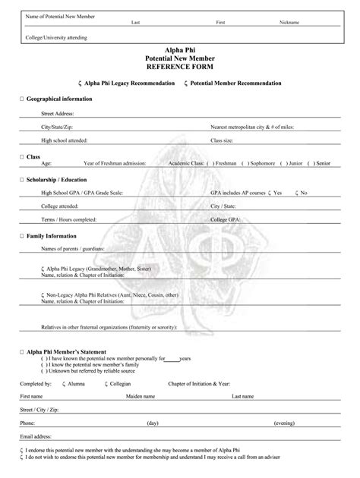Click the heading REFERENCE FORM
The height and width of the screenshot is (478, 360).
tap(180, 67)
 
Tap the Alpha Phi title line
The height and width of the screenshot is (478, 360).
tap(180, 50)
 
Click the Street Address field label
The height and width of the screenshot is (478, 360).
tap(58, 114)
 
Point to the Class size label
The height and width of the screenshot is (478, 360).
tap(222, 140)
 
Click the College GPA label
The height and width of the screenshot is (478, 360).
tap(226, 219)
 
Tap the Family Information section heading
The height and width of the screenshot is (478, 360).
tap(54, 236)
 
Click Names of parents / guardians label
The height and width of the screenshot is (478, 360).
tap(73, 248)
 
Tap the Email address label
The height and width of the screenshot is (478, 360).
tap(36, 437)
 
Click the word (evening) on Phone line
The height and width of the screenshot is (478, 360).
tap(284, 423)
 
